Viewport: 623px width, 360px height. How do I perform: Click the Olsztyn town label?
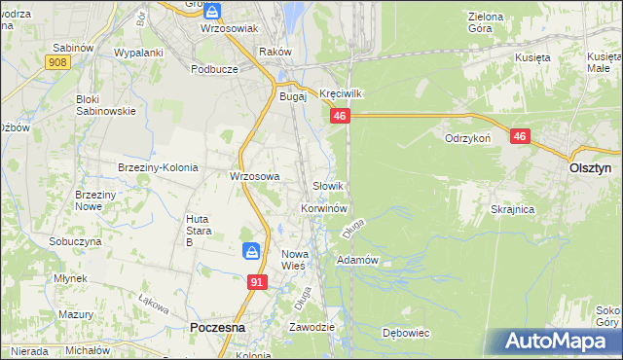pyautogui.click(x=589, y=167)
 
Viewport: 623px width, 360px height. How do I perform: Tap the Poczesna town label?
pyautogui.click(x=219, y=329)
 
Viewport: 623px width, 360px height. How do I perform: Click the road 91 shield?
pyautogui.click(x=256, y=281)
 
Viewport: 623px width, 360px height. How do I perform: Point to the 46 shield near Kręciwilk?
pyautogui.click(x=339, y=117)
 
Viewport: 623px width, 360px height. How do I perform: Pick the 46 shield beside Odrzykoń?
pyautogui.click(x=520, y=137)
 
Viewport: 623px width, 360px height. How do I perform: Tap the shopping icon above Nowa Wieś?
pyautogui.click(x=251, y=252)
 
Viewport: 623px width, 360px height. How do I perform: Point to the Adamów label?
pyautogui.click(x=356, y=261)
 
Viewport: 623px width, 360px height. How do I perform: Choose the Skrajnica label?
pyautogui.click(x=513, y=210)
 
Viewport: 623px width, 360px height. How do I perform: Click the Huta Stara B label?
pyautogui.click(x=198, y=231)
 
